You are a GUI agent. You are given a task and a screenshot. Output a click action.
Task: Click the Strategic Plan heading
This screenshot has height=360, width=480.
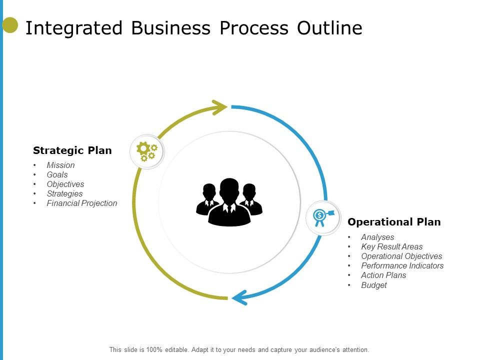point(72,150)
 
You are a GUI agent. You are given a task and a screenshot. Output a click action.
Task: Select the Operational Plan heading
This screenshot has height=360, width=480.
point(394,222)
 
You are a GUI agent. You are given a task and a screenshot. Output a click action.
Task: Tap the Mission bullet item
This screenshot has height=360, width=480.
point(60,165)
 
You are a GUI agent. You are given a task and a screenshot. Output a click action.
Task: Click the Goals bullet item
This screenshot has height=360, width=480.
point(57,174)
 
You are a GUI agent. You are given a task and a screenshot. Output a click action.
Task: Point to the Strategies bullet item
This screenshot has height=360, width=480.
point(64,193)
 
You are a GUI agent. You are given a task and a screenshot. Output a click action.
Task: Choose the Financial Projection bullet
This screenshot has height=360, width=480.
point(82,203)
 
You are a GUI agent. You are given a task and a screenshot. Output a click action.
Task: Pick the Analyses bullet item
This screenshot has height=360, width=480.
point(377,237)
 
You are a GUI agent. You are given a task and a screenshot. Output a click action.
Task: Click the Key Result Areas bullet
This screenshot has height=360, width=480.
point(391,247)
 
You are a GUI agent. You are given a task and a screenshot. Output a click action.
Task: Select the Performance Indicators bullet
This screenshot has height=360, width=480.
point(402,266)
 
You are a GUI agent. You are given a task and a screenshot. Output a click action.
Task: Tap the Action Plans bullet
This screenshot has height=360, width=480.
point(383,275)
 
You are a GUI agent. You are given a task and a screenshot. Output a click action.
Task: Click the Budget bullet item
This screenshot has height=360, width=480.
point(374,285)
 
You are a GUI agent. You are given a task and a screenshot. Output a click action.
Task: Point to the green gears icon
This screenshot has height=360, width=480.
point(147,151)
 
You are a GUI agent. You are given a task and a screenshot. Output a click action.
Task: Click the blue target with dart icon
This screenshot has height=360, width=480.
point(322,217)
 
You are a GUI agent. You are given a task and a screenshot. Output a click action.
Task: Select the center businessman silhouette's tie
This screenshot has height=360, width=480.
point(229,208)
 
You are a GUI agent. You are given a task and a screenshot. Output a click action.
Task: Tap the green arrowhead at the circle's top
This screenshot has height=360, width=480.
point(220,107)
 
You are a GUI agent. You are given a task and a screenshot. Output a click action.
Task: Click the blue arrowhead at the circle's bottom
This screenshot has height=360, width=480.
point(239,297)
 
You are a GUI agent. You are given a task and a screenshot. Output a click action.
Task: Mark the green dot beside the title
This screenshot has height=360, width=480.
point(10,25)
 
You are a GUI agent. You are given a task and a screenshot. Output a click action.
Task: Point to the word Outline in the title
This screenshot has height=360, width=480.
point(329,28)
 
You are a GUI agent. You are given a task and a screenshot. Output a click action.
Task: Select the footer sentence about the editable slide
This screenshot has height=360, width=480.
point(239,350)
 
